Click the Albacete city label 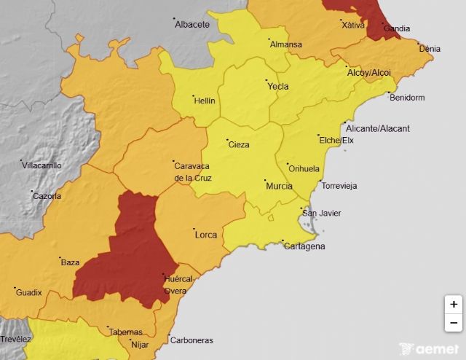click(192, 25)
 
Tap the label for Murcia click(279, 187)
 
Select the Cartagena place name click(304, 246)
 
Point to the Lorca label click(206, 235)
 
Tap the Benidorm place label click(407, 97)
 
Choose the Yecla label click(278, 87)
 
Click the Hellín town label click(205, 101)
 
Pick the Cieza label click(239, 145)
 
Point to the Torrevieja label click(339, 187)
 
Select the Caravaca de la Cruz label click(192, 172)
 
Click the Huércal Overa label click(178, 284)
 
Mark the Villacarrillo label click(42, 165)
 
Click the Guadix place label click(29, 293)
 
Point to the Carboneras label click(191, 340)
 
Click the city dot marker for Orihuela click(287, 164)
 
